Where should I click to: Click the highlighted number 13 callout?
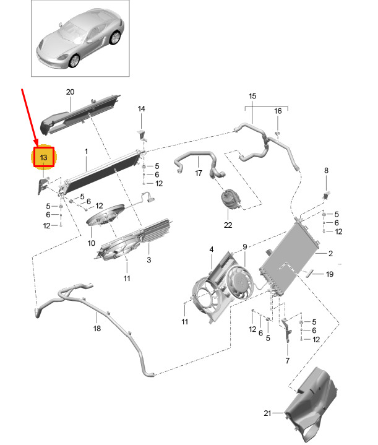pyautogui.click(x=43, y=158)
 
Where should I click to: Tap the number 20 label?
pyautogui.click(x=70, y=92)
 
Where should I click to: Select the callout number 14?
pyautogui.click(x=141, y=109)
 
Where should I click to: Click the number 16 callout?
pyautogui.click(x=278, y=111)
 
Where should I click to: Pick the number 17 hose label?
pyautogui.click(x=199, y=173)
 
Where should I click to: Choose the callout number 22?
pyautogui.click(x=228, y=225)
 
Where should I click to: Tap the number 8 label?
pyautogui.click(x=327, y=170)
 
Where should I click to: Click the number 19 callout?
pyautogui.click(x=330, y=274)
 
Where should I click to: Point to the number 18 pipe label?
pyautogui.click(x=97, y=329)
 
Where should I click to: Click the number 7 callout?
pyautogui.click(x=287, y=360)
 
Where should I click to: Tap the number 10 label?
pyautogui.click(x=92, y=243)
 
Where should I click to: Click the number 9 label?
pyautogui.click(x=244, y=247)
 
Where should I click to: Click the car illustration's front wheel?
pyautogui.click(x=74, y=60)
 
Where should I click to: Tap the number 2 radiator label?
pyautogui.click(x=331, y=254)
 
